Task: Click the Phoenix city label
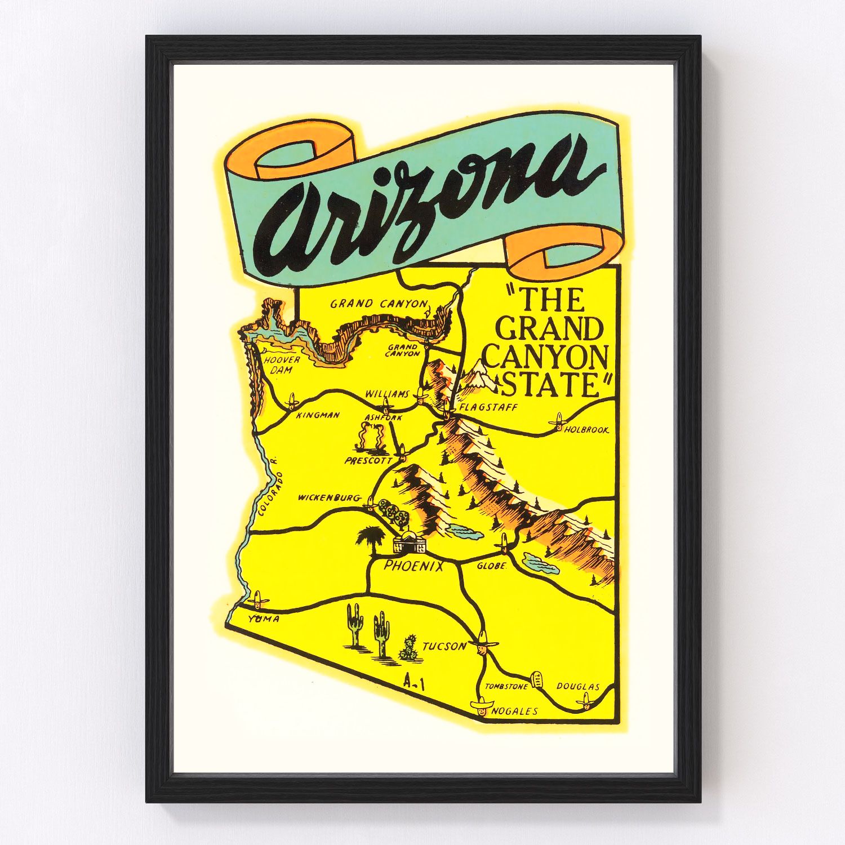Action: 413,566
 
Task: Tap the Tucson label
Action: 444,646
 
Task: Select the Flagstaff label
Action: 488,407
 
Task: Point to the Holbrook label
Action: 587,430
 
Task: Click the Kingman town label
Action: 318,415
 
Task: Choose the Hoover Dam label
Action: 283,364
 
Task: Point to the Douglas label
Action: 577,686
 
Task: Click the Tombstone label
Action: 506,686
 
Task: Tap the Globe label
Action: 492,566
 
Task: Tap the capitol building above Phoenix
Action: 410,543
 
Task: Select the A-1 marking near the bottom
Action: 414,684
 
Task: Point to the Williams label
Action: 386,394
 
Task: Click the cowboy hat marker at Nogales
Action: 482,706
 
